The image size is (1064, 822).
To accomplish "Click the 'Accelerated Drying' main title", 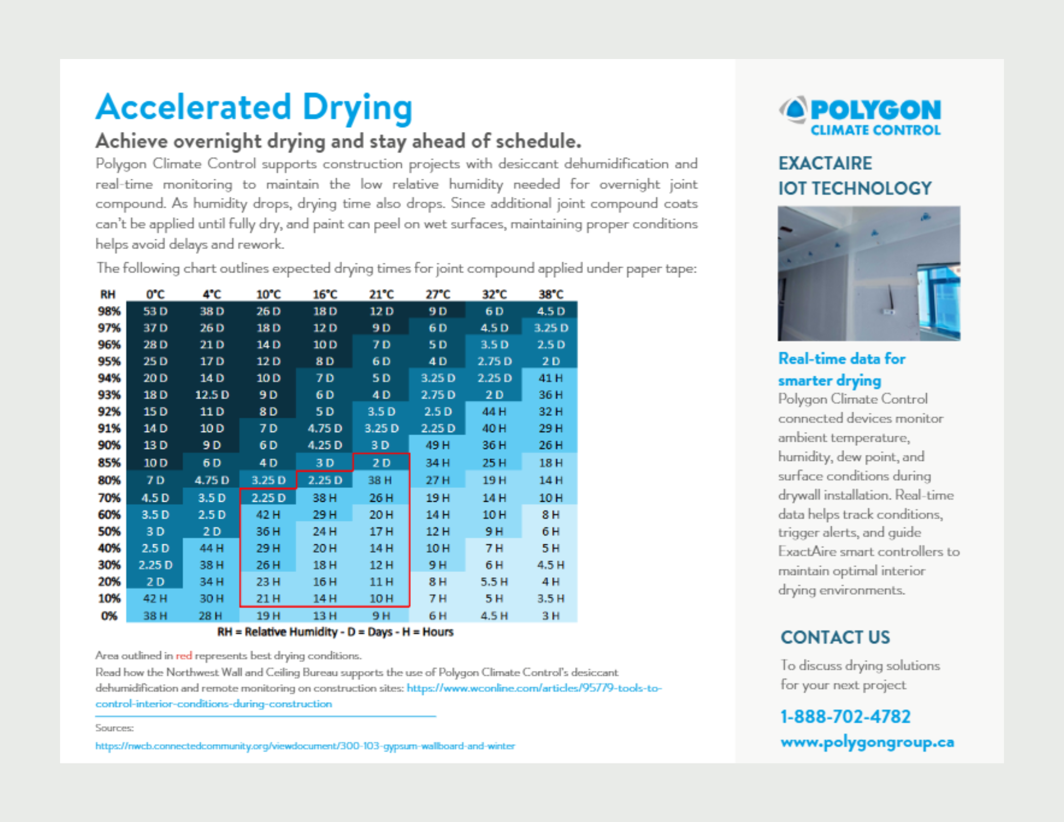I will tap(254, 107).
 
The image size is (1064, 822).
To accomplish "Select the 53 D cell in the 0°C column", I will tap(155, 311).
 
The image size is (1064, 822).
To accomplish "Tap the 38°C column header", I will tap(551, 294).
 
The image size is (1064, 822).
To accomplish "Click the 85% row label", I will tap(109, 463).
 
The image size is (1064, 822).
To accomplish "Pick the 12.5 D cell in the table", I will tap(212, 395).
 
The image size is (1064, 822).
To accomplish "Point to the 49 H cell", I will tap(437, 445).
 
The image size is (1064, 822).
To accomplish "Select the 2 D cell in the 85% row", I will tap(381, 463).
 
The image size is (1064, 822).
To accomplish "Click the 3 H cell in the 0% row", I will tap(551, 616).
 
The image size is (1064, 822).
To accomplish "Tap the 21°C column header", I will tap(381, 294).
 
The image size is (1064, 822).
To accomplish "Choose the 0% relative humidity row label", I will tap(109, 616).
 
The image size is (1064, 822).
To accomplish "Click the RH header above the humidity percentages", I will tap(108, 294).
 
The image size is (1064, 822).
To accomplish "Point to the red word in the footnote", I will tap(184, 655).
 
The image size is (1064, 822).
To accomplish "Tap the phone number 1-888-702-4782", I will tap(845, 717).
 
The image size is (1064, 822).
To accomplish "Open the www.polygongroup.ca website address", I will tap(867, 742).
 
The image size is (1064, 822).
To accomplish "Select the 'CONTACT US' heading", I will tap(835, 637).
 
